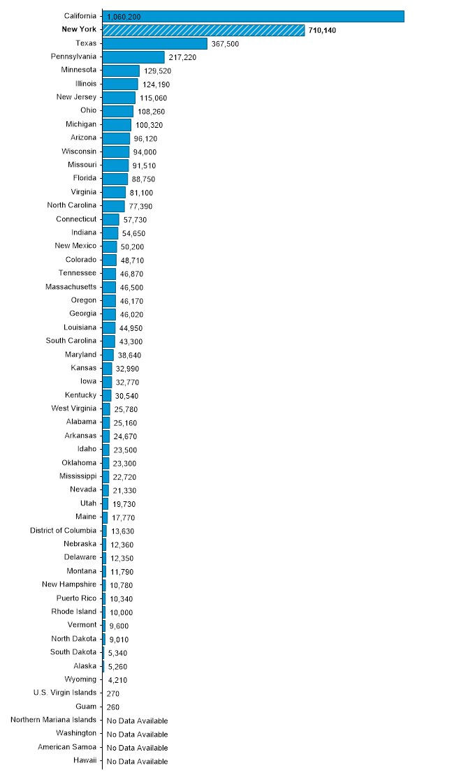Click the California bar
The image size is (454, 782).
254,17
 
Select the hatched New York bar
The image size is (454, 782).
203,30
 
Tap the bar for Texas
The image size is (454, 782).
154,43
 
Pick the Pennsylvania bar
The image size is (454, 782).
133,57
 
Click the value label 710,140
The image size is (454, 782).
322,31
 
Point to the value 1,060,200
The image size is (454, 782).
124,17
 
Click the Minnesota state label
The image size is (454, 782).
79,70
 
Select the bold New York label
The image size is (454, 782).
79,29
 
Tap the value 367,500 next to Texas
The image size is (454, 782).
225,44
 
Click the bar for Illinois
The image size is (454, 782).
120,84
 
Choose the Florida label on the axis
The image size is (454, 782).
85,178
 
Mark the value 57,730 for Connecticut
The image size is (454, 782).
136,220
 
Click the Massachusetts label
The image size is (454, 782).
71,287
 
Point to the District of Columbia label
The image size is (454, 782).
64,531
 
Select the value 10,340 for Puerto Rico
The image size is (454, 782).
122,599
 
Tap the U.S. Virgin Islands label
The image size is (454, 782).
65,693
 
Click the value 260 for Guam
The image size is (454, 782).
112,707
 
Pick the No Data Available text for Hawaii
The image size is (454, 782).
137,762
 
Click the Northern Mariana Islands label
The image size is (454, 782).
53,720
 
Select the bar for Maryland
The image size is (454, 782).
108,355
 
